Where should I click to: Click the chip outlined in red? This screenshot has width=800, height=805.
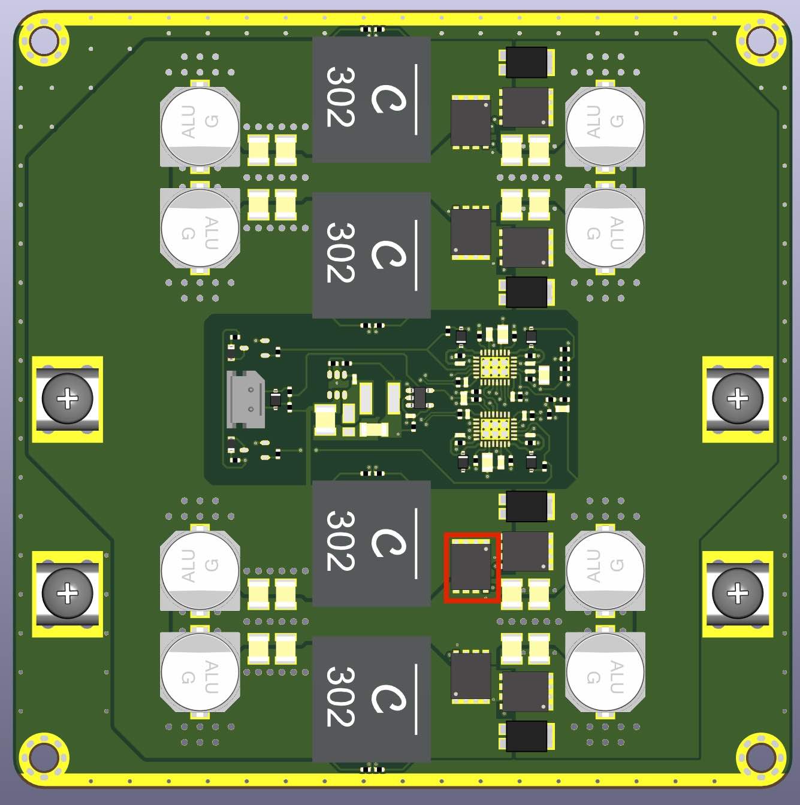(x=471, y=567)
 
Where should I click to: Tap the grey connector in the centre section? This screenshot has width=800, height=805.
(x=245, y=400)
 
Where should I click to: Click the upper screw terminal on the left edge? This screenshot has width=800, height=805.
(x=67, y=399)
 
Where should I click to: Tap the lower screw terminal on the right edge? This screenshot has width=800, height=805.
(x=738, y=594)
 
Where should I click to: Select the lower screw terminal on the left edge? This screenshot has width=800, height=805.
(x=67, y=594)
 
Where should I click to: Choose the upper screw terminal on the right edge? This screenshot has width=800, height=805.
(x=738, y=399)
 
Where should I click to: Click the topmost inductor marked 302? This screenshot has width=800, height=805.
(x=372, y=99)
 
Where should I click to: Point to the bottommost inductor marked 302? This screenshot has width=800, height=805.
(x=372, y=699)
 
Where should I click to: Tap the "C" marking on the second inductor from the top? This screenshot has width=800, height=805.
(x=388, y=255)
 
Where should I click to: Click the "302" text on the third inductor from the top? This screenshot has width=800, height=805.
(x=340, y=541)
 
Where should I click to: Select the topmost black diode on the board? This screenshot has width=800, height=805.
(x=526, y=62)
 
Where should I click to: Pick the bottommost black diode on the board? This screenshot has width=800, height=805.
(x=526, y=736)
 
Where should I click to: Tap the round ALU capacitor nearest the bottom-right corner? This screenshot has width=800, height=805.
(x=605, y=672)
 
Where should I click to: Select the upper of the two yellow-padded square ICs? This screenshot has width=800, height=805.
(x=495, y=367)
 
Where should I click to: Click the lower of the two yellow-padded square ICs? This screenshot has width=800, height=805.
(x=495, y=429)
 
